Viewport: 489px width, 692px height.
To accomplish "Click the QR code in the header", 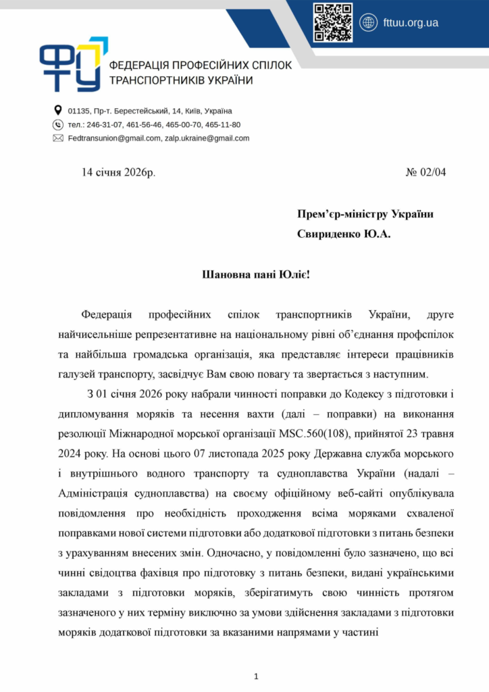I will coord(333,22).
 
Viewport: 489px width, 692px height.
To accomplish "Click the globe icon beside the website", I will coord(369,22).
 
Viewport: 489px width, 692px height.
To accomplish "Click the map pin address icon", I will coord(57,110).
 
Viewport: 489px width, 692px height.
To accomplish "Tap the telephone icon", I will coord(57,124).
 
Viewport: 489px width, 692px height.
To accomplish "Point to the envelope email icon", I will coord(57,138).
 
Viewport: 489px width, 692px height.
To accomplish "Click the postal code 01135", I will coord(79,111).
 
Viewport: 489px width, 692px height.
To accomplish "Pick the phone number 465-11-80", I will coord(223,124).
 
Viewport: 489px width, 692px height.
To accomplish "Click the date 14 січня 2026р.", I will coord(118,172).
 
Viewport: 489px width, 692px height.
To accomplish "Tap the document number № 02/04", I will coord(426,172).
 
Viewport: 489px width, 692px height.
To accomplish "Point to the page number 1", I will coord(256,676).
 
